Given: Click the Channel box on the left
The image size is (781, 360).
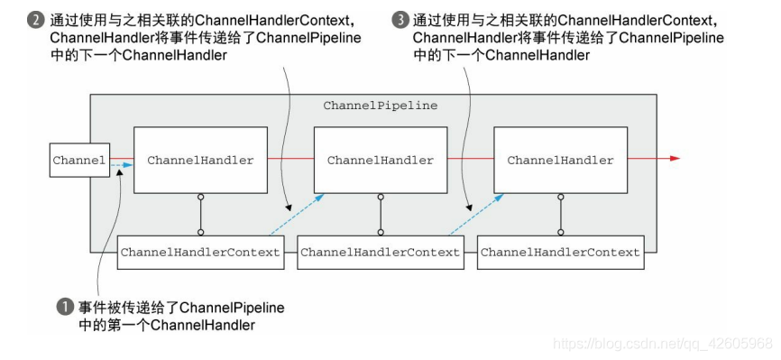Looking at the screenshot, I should tap(79, 161).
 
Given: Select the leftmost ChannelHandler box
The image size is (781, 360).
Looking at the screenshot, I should tap(200, 161).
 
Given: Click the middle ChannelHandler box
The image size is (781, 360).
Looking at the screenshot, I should tap(381, 161).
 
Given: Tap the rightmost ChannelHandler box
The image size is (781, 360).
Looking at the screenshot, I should tap(560, 161).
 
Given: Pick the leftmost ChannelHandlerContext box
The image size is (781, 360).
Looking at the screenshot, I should tap(200, 253).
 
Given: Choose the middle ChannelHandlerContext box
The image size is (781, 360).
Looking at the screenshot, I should tap(380, 253).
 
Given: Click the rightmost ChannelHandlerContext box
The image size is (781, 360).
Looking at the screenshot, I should tap(560, 253).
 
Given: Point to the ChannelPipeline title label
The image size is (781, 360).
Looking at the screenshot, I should tap(380, 106).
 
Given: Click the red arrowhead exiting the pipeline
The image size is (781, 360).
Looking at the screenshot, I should tap(675, 160).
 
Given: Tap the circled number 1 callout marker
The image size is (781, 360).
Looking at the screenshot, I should tap(64, 308).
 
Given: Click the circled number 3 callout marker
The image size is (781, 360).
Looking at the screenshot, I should tap(400, 18).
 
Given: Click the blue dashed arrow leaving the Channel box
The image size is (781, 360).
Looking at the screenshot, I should tap(122, 166).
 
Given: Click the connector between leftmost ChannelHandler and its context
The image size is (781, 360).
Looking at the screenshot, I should tap(200, 215).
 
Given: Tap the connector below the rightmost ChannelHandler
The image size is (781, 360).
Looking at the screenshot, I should tap(560, 215).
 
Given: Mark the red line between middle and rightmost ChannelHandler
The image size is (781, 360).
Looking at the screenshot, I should tap(471, 160).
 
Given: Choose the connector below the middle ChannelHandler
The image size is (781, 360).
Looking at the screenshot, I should tap(381, 215).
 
